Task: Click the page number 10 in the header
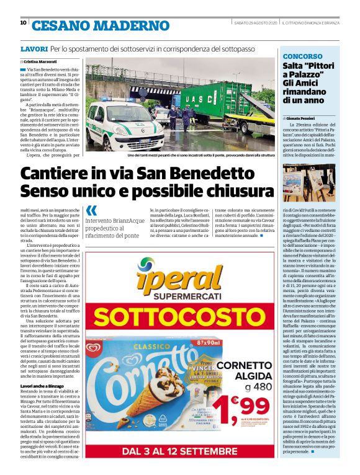tap(23, 23)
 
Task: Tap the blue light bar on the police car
tap(113, 100)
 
